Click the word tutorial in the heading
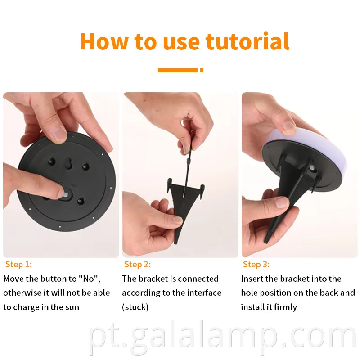[x=247, y=41]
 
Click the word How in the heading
[x=104, y=41]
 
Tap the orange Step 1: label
[x=18, y=264]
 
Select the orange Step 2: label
[x=137, y=264]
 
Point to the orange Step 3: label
[x=256, y=264]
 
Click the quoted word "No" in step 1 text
[x=89, y=279]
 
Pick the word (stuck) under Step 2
[x=135, y=307]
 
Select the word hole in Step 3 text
[x=249, y=293]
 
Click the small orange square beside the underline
[x=202, y=70]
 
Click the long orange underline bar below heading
[x=178, y=70]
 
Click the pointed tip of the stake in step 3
[x=266, y=242]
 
